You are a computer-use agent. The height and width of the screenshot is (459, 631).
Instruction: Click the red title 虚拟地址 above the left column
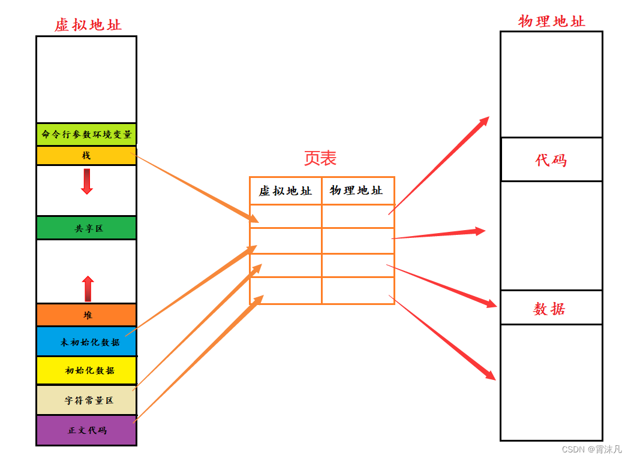pyautogui.click(x=88, y=25)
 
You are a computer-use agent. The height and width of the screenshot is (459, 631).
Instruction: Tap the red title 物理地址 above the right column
pyautogui.click(x=551, y=21)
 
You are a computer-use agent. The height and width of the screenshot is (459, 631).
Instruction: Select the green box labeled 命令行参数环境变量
pyautogui.click(x=86, y=134)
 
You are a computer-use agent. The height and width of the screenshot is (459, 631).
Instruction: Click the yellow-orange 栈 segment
pyautogui.click(x=86, y=156)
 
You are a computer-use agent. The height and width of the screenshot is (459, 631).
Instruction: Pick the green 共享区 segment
pyautogui.click(x=86, y=228)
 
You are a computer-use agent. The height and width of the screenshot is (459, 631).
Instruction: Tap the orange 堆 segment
pyautogui.click(x=86, y=315)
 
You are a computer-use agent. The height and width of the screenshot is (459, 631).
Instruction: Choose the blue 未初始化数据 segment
pyautogui.click(x=86, y=342)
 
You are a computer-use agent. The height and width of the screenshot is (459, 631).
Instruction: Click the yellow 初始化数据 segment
pyautogui.click(x=86, y=370)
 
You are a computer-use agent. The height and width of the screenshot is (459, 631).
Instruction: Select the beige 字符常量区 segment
pyautogui.click(x=86, y=400)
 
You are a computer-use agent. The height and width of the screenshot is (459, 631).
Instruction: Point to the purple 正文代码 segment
pyautogui.click(x=86, y=430)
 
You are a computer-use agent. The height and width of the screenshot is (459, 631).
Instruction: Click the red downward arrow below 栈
pyautogui.click(x=87, y=182)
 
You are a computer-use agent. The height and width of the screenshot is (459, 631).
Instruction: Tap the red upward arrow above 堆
pyautogui.click(x=88, y=288)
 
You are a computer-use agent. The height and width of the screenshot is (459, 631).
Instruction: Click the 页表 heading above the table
pyautogui.click(x=320, y=158)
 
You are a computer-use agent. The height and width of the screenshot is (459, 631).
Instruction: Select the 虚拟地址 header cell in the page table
pyautogui.click(x=286, y=191)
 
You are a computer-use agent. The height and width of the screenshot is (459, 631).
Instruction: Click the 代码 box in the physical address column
pyautogui.click(x=551, y=160)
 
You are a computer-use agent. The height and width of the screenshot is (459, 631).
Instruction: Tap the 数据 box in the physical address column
pyautogui.click(x=550, y=309)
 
